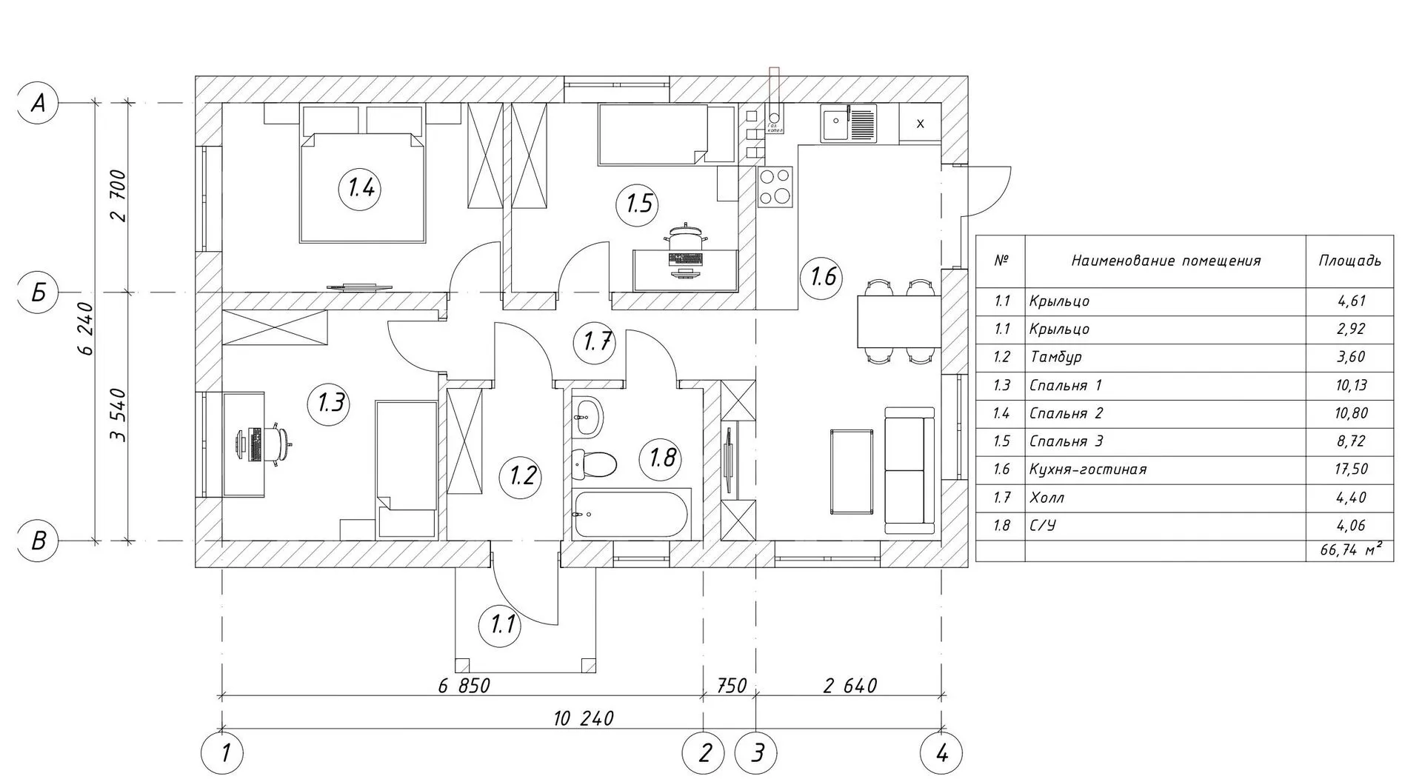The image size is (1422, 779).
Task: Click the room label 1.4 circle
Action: pyautogui.click(x=361, y=189)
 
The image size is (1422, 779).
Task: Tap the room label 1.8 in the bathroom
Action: pyautogui.click(x=661, y=458)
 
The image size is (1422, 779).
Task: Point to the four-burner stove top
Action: pyautogui.click(x=775, y=186)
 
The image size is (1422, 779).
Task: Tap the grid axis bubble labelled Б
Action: pyautogui.click(x=38, y=292)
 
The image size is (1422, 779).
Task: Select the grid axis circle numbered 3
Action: pyautogui.click(x=757, y=754)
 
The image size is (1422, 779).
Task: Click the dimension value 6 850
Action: pyautogui.click(x=464, y=686)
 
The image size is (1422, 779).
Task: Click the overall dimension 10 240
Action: pyautogui.click(x=583, y=718)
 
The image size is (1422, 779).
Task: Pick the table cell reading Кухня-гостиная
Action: pyautogui.click(x=1087, y=469)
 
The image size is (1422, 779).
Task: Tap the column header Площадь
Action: pyautogui.click(x=1349, y=261)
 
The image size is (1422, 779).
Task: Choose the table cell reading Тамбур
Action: pyautogui.click(x=1055, y=357)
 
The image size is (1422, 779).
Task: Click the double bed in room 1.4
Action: pyautogui.click(x=363, y=185)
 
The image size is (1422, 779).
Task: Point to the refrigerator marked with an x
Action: pyautogui.click(x=920, y=124)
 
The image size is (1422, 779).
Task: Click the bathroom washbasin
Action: pyautogui.click(x=589, y=417)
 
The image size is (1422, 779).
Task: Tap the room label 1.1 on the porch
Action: pyautogui.click(x=502, y=626)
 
